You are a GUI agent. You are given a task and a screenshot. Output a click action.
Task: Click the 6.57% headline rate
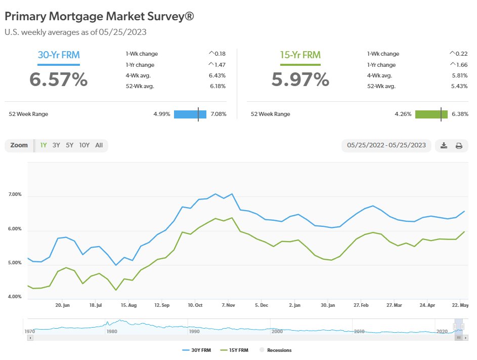(x=58, y=79)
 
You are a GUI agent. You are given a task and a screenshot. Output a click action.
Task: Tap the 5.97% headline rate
(x=300, y=79)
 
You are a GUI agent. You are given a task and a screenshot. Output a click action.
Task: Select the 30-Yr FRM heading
(x=59, y=55)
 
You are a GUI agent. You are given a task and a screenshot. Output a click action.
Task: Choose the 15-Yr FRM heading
(x=300, y=55)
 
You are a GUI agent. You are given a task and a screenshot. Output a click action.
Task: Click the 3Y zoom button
(x=56, y=145)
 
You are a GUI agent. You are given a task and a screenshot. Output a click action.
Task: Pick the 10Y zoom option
(x=84, y=145)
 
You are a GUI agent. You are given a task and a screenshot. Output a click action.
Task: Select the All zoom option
(x=99, y=145)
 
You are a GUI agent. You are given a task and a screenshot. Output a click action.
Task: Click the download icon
(x=444, y=146)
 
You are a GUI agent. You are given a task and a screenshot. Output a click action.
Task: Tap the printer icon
(x=459, y=146)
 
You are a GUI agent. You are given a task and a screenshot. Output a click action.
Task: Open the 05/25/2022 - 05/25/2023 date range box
(x=386, y=146)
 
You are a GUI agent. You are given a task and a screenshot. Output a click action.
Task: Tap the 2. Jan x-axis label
(x=294, y=306)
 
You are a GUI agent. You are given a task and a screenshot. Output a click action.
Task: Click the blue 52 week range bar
(x=190, y=114)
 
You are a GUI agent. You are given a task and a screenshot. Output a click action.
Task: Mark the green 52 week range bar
(x=431, y=114)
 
